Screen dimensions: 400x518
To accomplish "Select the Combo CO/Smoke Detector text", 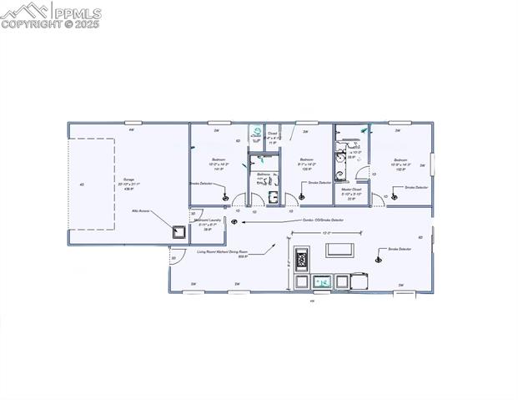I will (318, 220).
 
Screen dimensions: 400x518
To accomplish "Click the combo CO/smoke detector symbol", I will (234, 222).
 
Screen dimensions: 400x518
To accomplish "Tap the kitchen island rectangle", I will (339, 249).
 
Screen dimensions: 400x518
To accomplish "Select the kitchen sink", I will (320, 282).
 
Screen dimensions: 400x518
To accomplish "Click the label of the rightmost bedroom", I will (400, 162).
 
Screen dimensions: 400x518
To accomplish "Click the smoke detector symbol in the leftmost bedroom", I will (226, 197).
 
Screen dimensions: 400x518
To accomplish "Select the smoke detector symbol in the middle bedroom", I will (301, 196).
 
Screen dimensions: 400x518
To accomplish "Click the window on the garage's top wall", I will (131, 130).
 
